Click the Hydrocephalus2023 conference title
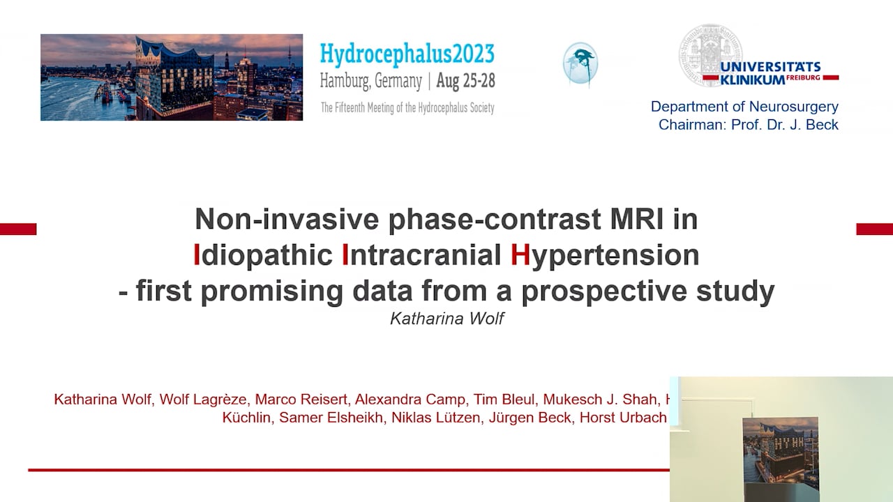click(407, 54)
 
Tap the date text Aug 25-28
click(465, 81)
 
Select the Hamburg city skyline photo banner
click(172, 77)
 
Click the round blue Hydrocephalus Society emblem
click(580, 64)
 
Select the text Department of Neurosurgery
click(744, 107)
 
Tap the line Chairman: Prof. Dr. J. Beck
click(748, 125)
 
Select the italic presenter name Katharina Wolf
click(446, 319)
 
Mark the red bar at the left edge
click(18, 229)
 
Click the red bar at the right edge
click(874, 229)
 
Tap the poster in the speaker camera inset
click(780, 457)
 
